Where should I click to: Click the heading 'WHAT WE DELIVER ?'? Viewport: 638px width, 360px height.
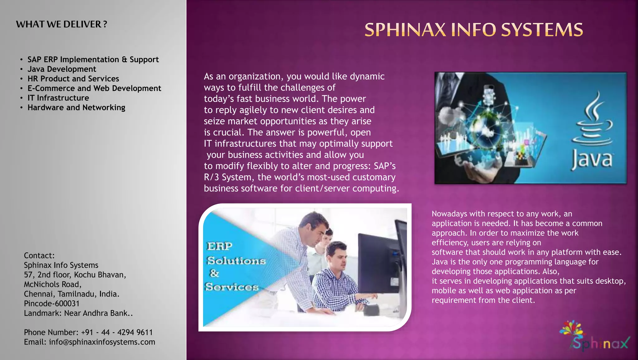point(61,24)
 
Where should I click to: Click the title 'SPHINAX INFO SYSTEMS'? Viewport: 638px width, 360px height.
point(474,30)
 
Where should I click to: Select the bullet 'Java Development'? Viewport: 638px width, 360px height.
point(62,69)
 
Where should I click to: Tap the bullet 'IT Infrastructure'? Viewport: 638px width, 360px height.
point(58,98)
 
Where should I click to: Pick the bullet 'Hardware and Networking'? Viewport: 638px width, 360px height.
point(76,108)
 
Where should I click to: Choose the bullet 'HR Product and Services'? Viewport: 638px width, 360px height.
point(73,79)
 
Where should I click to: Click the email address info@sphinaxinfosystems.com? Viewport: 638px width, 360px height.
point(102,342)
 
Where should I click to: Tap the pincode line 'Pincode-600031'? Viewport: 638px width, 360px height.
point(52,304)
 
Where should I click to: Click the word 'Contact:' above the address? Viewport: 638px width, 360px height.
point(39,256)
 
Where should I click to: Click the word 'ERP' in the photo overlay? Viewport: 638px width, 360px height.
point(220,246)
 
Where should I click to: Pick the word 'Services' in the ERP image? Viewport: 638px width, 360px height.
point(232,287)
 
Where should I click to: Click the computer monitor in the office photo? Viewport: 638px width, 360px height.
point(375,262)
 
